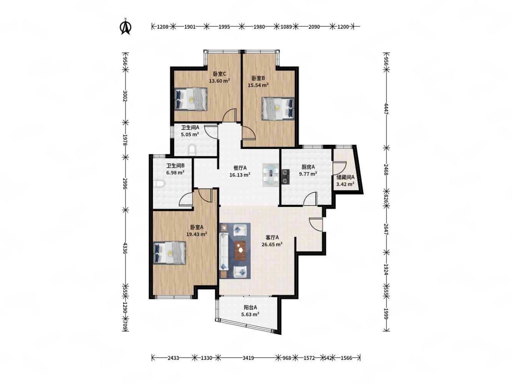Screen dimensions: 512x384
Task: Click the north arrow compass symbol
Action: (x=125, y=26)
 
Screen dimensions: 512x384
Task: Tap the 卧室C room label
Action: (x=219, y=74)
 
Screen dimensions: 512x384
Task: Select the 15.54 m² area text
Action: (x=258, y=85)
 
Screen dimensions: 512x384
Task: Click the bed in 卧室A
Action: (x=169, y=253)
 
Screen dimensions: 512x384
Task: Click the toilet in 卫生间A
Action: (x=192, y=150)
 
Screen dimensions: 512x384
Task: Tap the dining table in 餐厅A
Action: (x=270, y=175)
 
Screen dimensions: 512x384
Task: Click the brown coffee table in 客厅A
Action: (x=240, y=250)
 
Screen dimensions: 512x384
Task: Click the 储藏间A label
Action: (x=345, y=177)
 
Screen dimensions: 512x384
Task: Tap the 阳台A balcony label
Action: (x=250, y=308)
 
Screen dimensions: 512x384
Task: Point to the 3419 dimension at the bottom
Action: (x=248, y=358)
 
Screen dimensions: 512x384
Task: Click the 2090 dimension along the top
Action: (x=314, y=27)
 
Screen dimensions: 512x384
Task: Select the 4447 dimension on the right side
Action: (x=386, y=109)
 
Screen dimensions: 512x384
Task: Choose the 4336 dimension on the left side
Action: (x=125, y=248)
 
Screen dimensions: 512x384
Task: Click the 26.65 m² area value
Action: (x=272, y=244)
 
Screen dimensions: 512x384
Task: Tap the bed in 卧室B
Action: (x=278, y=109)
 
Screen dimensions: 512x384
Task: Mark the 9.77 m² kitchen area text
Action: (x=308, y=174)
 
